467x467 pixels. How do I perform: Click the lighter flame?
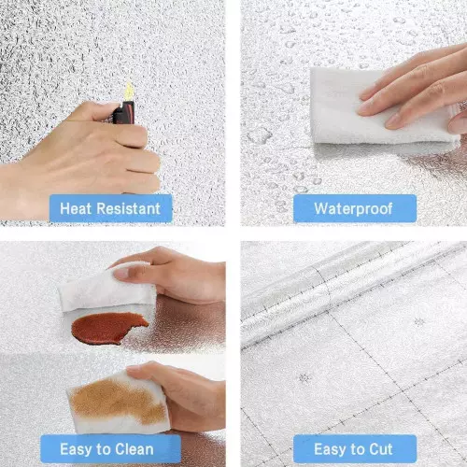[x=129, y=92]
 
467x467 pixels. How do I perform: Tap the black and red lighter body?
[x=124, y=113]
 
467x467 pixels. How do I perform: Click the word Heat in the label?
[x=76, y=208]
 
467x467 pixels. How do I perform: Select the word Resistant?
[x=129, y=208]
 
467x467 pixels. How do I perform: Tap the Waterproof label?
[x=353, y=208]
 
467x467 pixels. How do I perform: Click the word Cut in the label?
[x=381, y=449]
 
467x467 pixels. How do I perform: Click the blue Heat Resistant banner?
[x=110, y=208]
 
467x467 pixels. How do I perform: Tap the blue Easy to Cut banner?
[x=355, y=448]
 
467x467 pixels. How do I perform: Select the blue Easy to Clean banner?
[x=110, y=448]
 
